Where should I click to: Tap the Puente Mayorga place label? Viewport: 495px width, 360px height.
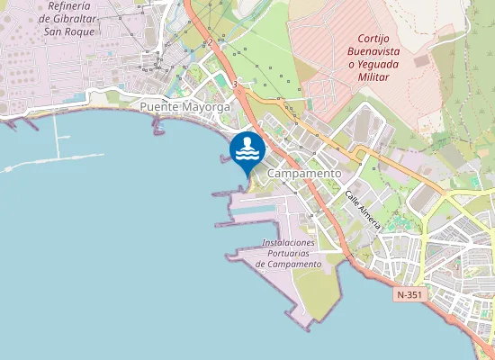tap(185, 106)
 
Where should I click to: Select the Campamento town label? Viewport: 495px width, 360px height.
tap(305, 173)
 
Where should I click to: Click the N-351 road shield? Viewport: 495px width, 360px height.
tap(409, 294)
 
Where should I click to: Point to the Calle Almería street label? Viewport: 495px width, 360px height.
tap(363, 209)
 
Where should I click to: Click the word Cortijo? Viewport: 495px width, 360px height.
tap(378, 39)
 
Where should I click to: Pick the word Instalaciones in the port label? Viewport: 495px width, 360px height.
tap(288, 243)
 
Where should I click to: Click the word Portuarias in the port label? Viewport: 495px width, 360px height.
tap(288, 254)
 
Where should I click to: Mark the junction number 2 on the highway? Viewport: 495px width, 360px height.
tap(210, 42)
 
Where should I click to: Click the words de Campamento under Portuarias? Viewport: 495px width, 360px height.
tap(288, 265)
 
